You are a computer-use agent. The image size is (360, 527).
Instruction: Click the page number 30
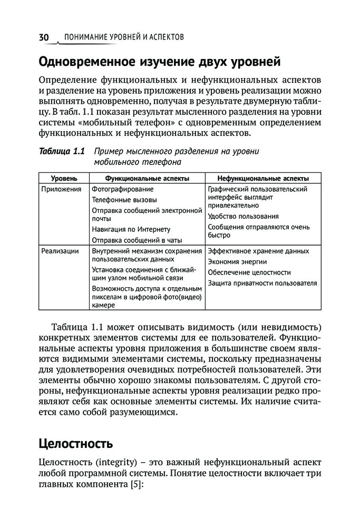(43, 37)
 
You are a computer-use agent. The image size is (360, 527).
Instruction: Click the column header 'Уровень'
(64, 179)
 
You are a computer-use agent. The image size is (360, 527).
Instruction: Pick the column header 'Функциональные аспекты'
(147, 179)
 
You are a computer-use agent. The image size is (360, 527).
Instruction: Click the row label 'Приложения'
(61, 189)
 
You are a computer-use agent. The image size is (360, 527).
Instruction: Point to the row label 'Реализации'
(60, 251)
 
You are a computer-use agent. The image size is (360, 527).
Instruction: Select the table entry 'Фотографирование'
(122, 189)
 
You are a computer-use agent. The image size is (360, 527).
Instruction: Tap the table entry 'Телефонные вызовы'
(124, 200)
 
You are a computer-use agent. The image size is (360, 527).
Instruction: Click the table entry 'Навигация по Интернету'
(131, 229)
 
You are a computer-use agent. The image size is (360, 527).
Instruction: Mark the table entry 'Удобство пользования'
(243, 216)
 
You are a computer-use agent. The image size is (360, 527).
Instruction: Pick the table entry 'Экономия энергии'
(237, 262)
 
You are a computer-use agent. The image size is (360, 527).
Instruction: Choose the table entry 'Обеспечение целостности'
(249, 272)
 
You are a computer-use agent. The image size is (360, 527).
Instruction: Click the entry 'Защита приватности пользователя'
(262, 284)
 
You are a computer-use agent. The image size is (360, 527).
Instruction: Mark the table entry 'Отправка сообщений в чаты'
(137, 240)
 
